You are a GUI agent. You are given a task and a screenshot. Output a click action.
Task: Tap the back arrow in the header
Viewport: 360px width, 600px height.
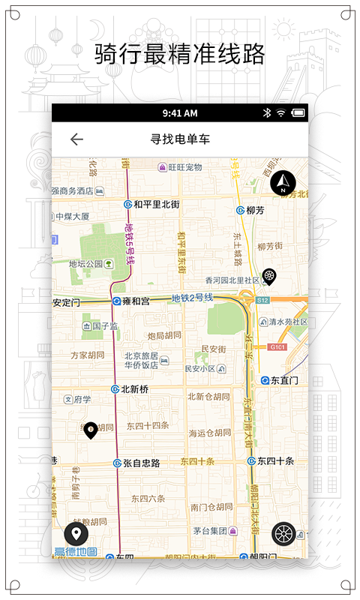coord(76,139)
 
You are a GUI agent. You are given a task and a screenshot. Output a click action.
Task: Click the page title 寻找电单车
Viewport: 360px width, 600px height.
coord(179,139)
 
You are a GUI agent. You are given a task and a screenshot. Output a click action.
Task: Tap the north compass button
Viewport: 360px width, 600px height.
coord(283,182)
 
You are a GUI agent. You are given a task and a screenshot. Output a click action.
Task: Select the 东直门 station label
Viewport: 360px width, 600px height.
coord(283,380)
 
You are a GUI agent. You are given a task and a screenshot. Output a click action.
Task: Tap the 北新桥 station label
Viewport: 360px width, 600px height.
coord(135,388)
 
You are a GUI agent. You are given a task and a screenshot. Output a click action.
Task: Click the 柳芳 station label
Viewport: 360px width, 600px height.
coord(255,210)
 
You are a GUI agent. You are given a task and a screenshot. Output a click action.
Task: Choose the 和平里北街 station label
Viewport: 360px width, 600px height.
coord(156,204)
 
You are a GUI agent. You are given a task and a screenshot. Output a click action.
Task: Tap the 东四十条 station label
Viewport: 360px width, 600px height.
coord(275,460)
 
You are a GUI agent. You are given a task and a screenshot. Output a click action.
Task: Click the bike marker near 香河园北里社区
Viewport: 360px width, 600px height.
coord(268,277)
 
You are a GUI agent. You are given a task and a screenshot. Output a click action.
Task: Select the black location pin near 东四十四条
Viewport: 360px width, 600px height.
coord(91,430)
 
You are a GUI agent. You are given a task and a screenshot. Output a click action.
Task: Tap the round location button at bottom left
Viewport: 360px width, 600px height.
coord(76,534)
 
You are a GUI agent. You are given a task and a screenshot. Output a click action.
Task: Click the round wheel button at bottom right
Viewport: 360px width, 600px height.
coord(284,534)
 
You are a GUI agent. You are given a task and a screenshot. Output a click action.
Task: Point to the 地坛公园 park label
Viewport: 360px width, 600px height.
coord(85,264)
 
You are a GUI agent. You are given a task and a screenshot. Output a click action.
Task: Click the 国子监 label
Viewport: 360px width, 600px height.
coord(105,326)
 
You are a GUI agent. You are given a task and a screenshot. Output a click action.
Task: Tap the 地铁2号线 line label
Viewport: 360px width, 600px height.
coord(192,298)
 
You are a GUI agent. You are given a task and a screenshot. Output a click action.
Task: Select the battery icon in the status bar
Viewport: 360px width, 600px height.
coord(298,113)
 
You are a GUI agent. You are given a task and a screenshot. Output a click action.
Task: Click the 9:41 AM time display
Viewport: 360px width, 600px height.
coord(180,113)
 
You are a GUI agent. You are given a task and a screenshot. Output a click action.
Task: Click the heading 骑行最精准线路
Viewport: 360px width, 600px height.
coord(180,54)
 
